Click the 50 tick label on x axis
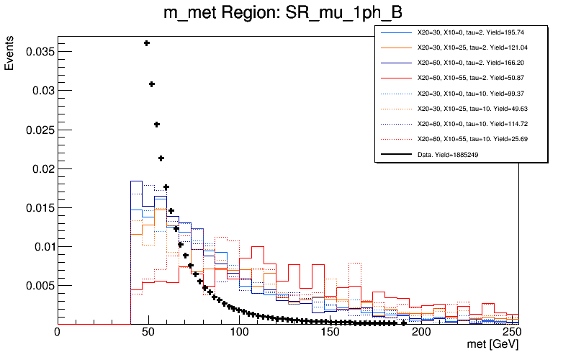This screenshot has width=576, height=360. (148, 334)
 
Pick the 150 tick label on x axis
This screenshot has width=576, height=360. (330, 334)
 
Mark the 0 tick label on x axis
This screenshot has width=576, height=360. (58, 334)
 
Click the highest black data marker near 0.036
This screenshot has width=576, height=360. (146, 43)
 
